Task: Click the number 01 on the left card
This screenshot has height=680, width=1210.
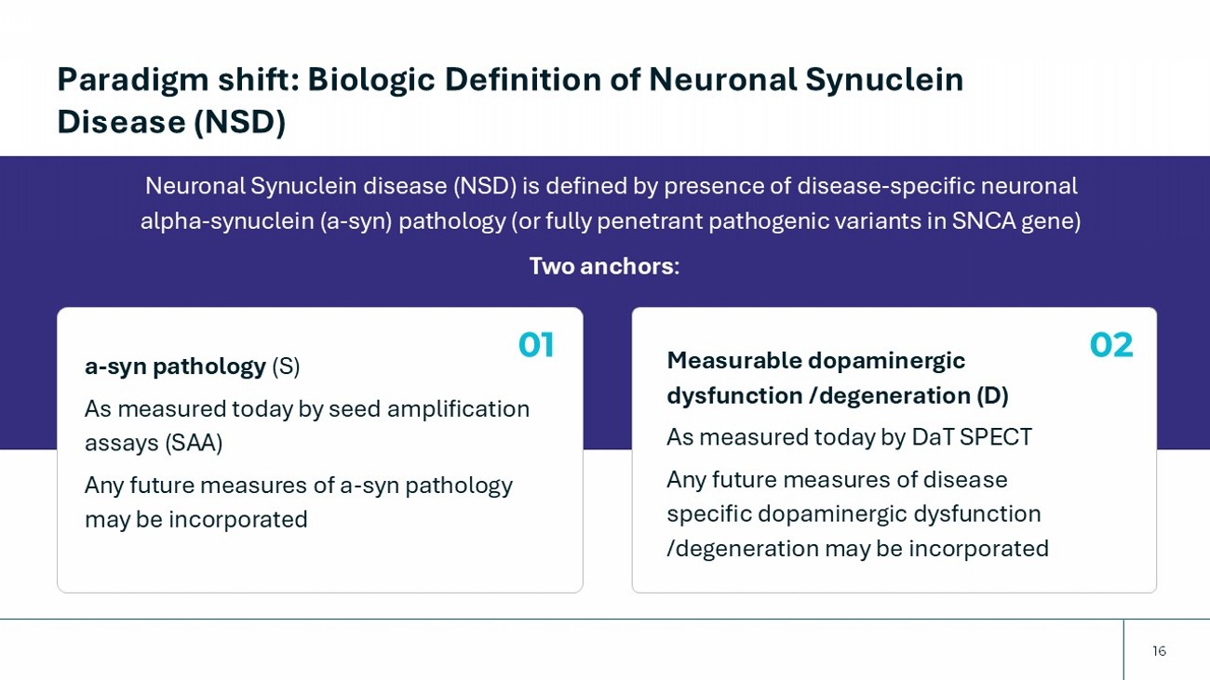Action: pos(536,345)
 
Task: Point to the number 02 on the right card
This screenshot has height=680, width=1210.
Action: pos(1111,345)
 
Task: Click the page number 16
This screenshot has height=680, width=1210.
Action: pos(1159,651)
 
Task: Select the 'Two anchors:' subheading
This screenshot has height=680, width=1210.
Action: pos(604,266)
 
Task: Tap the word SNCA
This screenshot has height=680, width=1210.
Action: pos(983,221)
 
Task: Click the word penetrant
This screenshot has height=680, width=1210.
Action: pos(652,221)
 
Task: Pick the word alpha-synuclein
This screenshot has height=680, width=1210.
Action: pos(227,221)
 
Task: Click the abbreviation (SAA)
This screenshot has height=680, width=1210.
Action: pos(194,443)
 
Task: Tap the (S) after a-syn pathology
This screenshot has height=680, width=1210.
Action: pos(286,367)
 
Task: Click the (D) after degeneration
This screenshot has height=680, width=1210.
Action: pos(992,395)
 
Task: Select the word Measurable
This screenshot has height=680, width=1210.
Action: pos(733,360)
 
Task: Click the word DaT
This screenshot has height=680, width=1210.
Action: pos(932,437)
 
